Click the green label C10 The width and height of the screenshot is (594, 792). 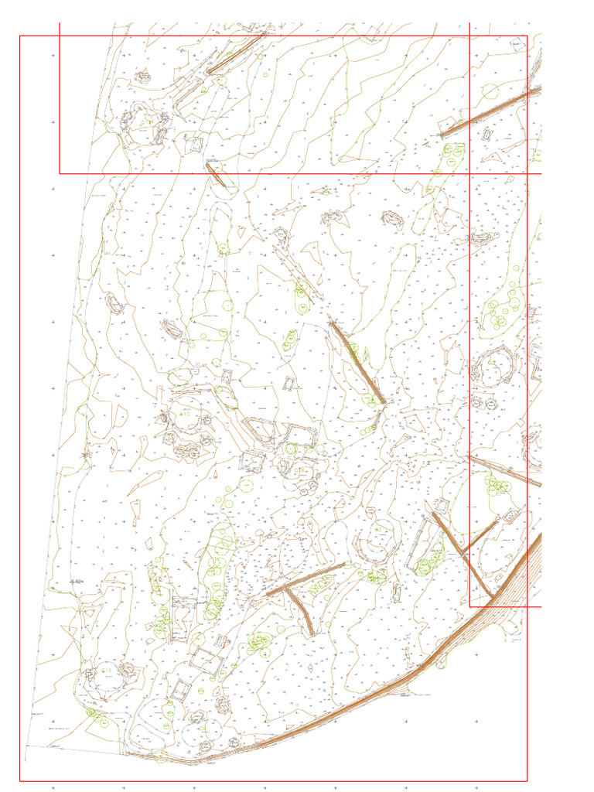[x=185, y=415]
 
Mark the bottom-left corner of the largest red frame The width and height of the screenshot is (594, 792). [x=20, y=781]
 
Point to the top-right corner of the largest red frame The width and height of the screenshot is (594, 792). [x=527, y=36]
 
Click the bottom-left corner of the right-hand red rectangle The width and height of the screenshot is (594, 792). [x=470, y=606]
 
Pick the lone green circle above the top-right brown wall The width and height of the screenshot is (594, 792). [x=490, y=90]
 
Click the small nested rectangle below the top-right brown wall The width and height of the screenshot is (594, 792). [x=486, y=135]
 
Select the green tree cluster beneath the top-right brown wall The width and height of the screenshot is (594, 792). [x=450, y=155]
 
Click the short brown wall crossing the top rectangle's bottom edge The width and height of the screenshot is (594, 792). [x=216, y=175]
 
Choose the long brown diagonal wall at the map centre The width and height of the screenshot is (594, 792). [x=357, y=362]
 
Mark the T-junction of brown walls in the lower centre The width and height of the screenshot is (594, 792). [x=288, y=585]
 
